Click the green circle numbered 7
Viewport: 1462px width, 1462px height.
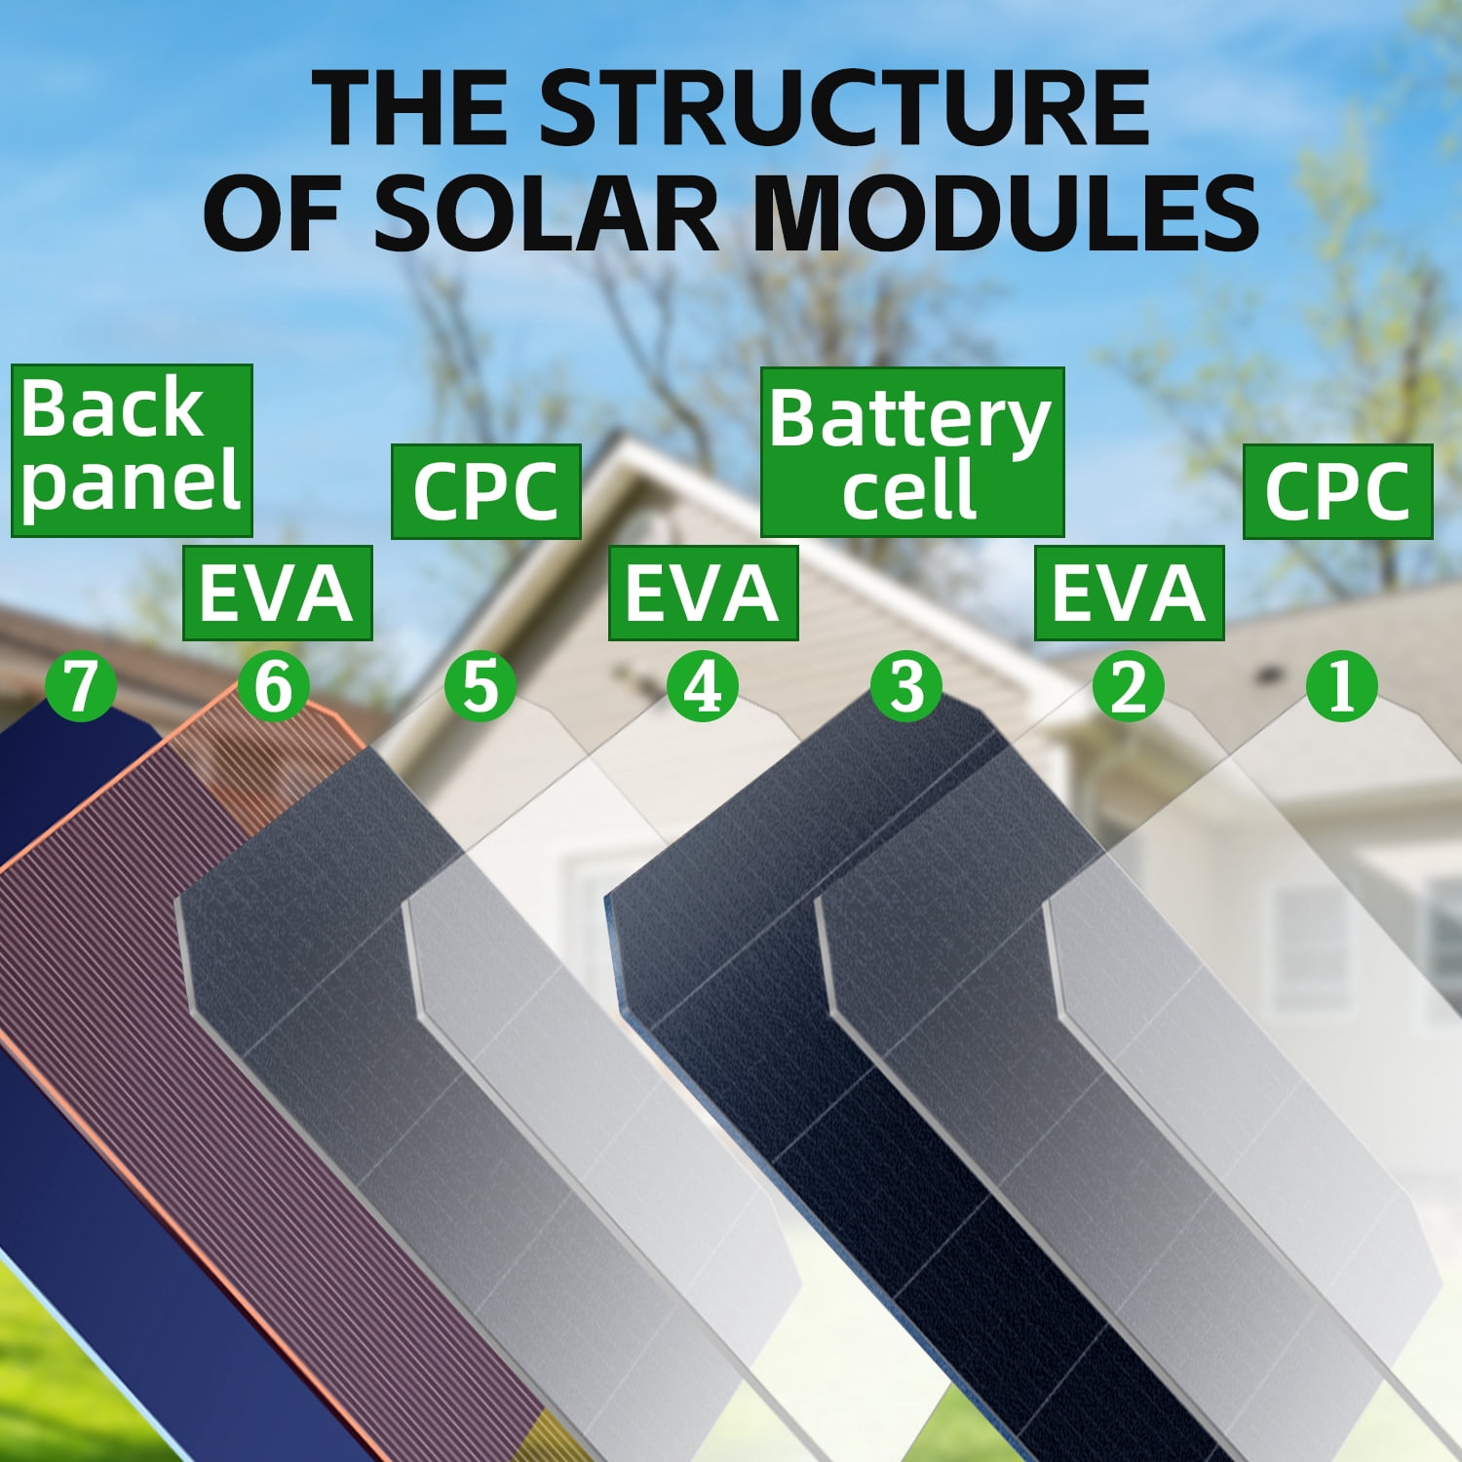(x=81, y=685)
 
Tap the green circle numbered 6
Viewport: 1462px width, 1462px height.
(x=274, y=685)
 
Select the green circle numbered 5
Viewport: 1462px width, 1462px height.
(x=481, y=685)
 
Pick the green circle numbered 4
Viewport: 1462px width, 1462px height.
(x=703, y=685)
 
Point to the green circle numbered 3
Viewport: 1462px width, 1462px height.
(x=906, y=685)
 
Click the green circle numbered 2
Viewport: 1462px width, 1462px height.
(x=1129, y=685)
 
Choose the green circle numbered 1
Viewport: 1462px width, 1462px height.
(x=1341, y=685)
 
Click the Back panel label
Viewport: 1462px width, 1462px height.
(x=132, y=450)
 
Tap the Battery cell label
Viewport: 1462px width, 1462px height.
(x=911, y=451)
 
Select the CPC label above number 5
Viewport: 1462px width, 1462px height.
(x=485, y=491)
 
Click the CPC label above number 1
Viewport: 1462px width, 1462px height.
(x=1337, y=491)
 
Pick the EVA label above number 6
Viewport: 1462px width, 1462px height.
(x=278, y=593)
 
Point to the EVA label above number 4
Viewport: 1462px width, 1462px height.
(x=703, y=593)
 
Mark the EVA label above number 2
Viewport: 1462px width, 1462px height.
(x=1129, y=593)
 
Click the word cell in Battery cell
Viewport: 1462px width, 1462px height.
(x=909, y=487)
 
